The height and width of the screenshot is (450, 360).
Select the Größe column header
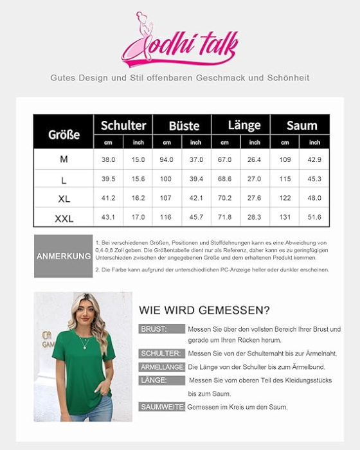(64, 134)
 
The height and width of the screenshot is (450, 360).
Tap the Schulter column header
(123, 125)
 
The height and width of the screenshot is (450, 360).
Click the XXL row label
(64, 219)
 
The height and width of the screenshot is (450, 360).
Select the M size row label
(64, 159)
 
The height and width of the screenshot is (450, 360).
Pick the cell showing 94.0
(167, 159)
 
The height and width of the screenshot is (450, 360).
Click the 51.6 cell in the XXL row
(314, 218)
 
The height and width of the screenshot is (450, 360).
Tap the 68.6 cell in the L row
(225, 179)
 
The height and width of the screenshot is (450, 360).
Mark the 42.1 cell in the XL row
(196, 199)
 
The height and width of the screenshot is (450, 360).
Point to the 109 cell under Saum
(285, 159)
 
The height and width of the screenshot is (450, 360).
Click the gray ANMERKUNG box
(64, 256)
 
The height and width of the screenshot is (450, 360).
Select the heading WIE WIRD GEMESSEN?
(204, 310)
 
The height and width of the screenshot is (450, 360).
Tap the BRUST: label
(153, 329)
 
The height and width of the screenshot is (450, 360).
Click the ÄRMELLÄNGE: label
(162, 367)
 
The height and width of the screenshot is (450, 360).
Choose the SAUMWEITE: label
(162, 407)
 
